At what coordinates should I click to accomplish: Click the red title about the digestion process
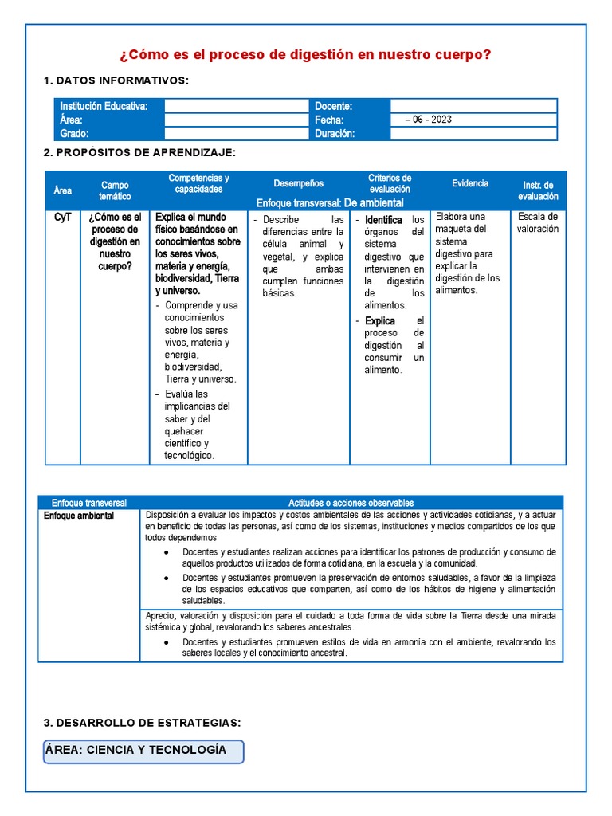[x=305, y=55]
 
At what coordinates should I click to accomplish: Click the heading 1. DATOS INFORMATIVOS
[x=116, y=80]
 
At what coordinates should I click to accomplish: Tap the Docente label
[x=334, y=106]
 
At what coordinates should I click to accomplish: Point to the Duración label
[x=335, y=133]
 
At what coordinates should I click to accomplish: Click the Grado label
[x=74, y=133]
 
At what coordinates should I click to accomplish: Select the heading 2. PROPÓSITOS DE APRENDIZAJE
[x=139, y=152]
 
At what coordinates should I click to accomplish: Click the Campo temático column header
[x=114, y=190]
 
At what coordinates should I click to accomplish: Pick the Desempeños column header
[x=298, y=183]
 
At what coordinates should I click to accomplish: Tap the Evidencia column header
[x=470, y=183]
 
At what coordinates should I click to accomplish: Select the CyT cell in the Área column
[x=63, y=217]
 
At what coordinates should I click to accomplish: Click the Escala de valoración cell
[x=538, y=222]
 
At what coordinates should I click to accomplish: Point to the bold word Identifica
[x=383, y=219]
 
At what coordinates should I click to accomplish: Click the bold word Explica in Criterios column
[x=380, y=321]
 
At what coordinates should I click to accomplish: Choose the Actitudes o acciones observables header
[x=351, y=503]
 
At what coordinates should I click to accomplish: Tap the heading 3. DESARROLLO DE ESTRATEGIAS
[x=142, y=723]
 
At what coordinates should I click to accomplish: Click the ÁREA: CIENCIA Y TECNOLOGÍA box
[x=143, y=751]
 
